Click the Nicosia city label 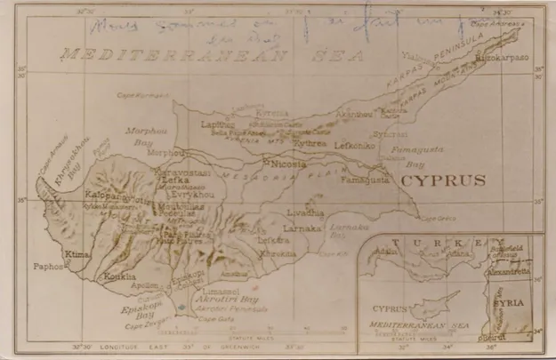tap(289, 164)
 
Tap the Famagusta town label tap(363, 180)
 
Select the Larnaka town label tap(301, 228)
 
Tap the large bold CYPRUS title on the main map tap(443, 180)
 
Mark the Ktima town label tap(77, 254)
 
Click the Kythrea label tap(310, 143)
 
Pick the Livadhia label tap(304, 213)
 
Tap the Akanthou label tap(353, 115)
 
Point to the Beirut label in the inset tap(492, 338)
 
